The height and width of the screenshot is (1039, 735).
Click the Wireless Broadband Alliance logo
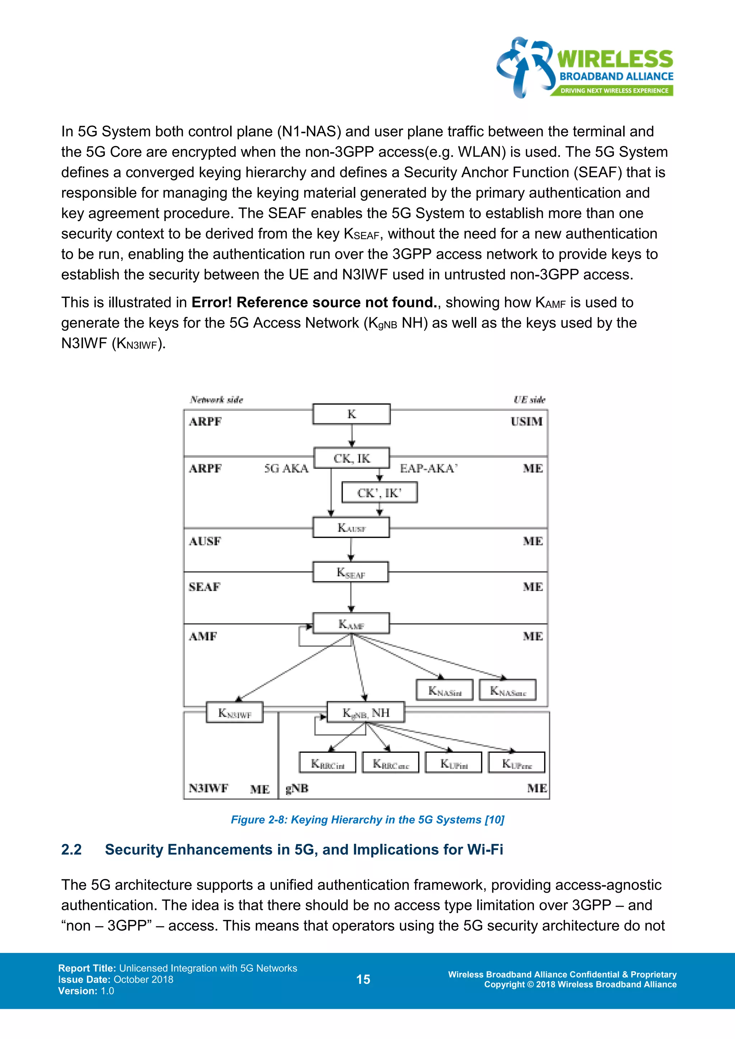pyautogui.click(x=584, y=68)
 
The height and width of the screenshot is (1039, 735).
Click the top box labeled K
pyautogui.click(x=351, y=414)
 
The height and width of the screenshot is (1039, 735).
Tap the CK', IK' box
pyautogui.click(x=379, y=493)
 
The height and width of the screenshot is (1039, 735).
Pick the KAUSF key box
pyautogui.click(x=351, y=528)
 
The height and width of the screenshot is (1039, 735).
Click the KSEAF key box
pyautogui.click(x=351, y=573)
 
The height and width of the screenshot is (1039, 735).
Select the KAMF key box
pyautogui.click(x=351, y=624)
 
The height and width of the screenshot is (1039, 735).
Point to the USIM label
pyautogui.click(x=526, y=422)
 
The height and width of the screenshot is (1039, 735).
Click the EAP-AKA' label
pyautogui.click(x=429, y=468)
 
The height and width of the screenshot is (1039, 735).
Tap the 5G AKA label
pyautogui.click(x=286, y=468)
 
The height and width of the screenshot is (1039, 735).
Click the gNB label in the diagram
pyautogui.click(x=297, y=788)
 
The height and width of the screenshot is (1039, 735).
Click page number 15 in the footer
pyautogui.click(x=363, y=979)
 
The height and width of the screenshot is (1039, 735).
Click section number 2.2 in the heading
pyautogui.click(x=71, y=850)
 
